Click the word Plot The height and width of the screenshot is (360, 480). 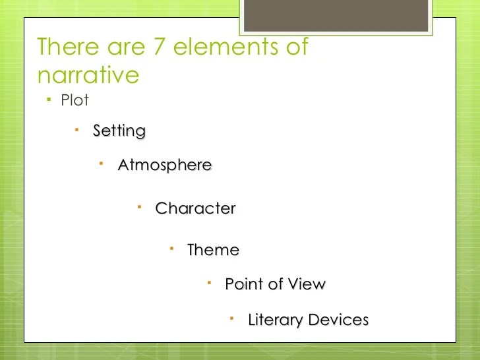click(75, 102)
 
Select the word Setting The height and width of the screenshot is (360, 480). click(119, 131)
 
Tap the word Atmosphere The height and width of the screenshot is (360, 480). click(165, 165)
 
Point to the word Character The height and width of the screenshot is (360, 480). click(195, 208)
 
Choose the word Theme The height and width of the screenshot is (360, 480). click(213, 250)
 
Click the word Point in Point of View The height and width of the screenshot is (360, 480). click(244, 284)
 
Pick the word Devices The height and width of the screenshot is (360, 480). click(338, 320)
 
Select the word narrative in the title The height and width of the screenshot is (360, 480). click(88, 75)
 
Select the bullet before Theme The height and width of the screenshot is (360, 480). click(171, 248)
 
